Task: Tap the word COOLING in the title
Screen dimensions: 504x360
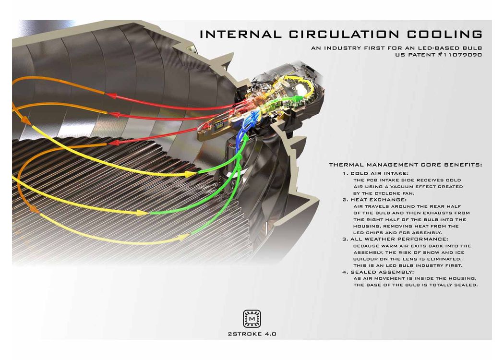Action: pos(445,34)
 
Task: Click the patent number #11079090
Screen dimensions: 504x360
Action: pos(460,55)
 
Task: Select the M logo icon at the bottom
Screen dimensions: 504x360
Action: pos(252,319)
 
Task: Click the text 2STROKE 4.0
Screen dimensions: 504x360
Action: pos(252,334)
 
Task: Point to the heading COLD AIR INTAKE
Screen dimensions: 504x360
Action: pos(379,174)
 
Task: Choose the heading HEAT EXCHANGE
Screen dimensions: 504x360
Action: pos(378,200)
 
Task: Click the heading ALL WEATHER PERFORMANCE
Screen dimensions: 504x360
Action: pos(399,239)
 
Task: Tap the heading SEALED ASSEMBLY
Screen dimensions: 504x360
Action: pos(382,272)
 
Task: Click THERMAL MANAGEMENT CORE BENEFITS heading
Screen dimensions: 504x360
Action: pos(405,165)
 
